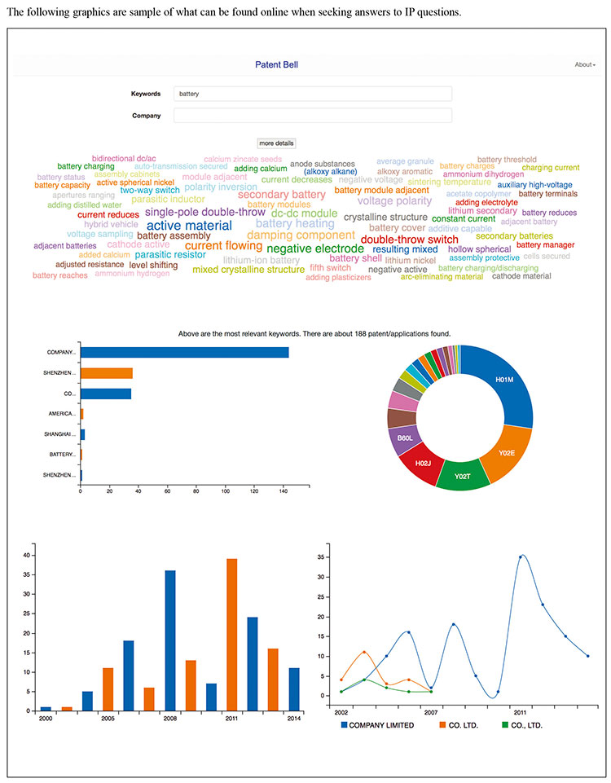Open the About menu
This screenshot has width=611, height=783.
click(584, 64)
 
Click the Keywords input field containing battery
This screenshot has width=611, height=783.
click(313, 94)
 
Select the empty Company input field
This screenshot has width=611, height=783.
click(313, 116)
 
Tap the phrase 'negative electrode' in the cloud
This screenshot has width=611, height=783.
click(315, 249)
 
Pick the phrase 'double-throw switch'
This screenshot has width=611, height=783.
click(409, 240)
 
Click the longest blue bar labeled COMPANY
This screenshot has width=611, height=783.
click(184, 352)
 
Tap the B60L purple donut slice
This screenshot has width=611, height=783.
click(405, 438)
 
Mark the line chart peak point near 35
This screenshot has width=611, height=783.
click(520, 557)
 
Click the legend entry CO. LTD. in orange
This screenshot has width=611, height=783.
click(468, 725)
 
